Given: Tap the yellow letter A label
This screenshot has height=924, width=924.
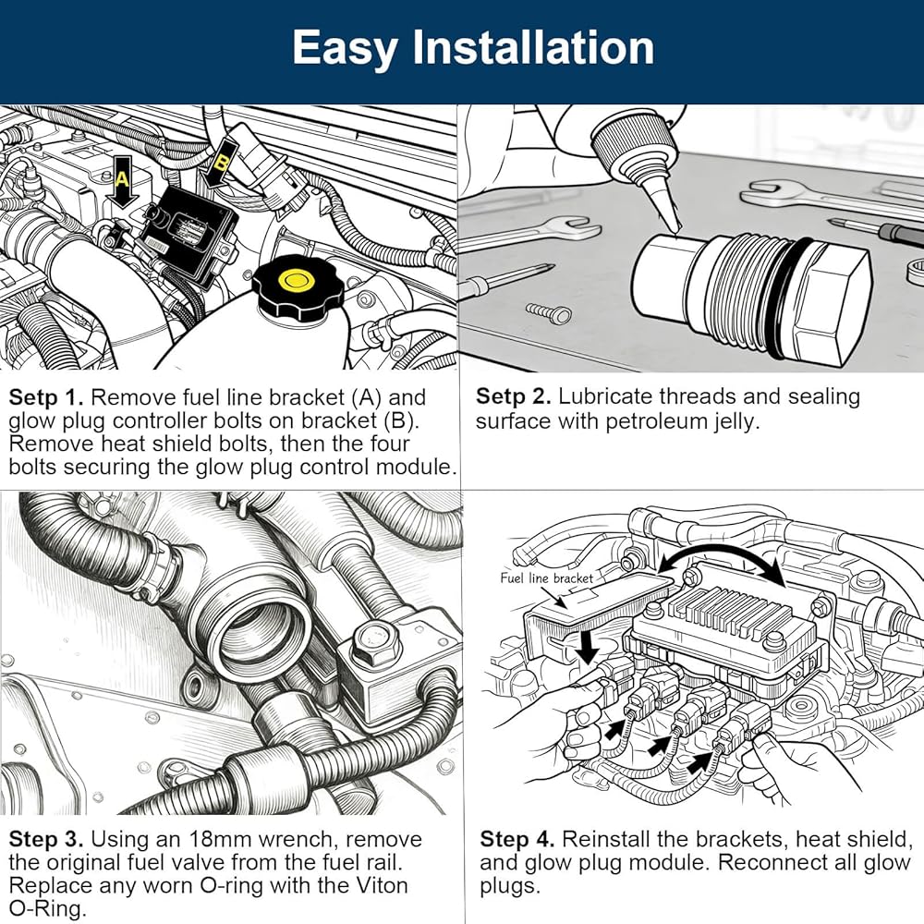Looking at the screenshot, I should click(x=121, y=180).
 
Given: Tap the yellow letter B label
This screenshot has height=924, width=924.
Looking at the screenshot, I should click(x=220, y=162).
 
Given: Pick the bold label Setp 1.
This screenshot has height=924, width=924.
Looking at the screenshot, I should click(x=46, y=398).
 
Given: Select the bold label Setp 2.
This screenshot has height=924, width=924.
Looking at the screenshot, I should click(x=513, y=396).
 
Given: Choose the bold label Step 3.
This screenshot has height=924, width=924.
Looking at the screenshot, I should click(x=46, y=840).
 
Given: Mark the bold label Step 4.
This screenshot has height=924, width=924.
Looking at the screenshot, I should click(x=517, y=840).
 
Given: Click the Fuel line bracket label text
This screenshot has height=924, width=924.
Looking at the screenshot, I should click(x=546, y=578).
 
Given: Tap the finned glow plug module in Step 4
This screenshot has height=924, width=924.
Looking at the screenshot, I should click(x=730, y=614).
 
